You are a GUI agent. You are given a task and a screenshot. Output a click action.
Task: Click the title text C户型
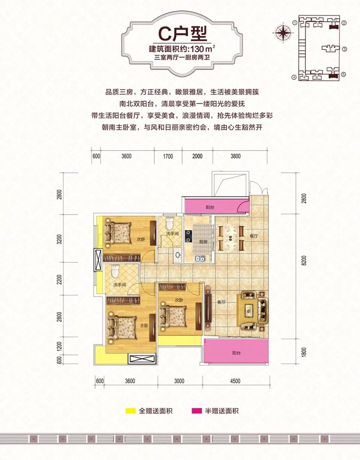click(180, 32)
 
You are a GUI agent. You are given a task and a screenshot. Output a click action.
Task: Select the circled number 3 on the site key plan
click(343, 50)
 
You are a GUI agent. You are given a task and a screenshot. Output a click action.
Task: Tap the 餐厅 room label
click(254, 236)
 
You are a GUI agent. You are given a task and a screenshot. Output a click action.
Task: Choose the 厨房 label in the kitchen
click(205, 241)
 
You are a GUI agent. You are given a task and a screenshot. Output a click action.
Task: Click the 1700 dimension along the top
click(167, 156)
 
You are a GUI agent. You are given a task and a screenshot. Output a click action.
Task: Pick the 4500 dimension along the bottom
click(235, 382)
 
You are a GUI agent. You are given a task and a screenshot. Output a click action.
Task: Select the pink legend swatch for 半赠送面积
click(197, 411)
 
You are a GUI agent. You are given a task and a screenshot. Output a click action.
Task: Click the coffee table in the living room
click(250, 311)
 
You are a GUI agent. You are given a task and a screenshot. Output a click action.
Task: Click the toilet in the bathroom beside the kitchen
click(170, 223)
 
